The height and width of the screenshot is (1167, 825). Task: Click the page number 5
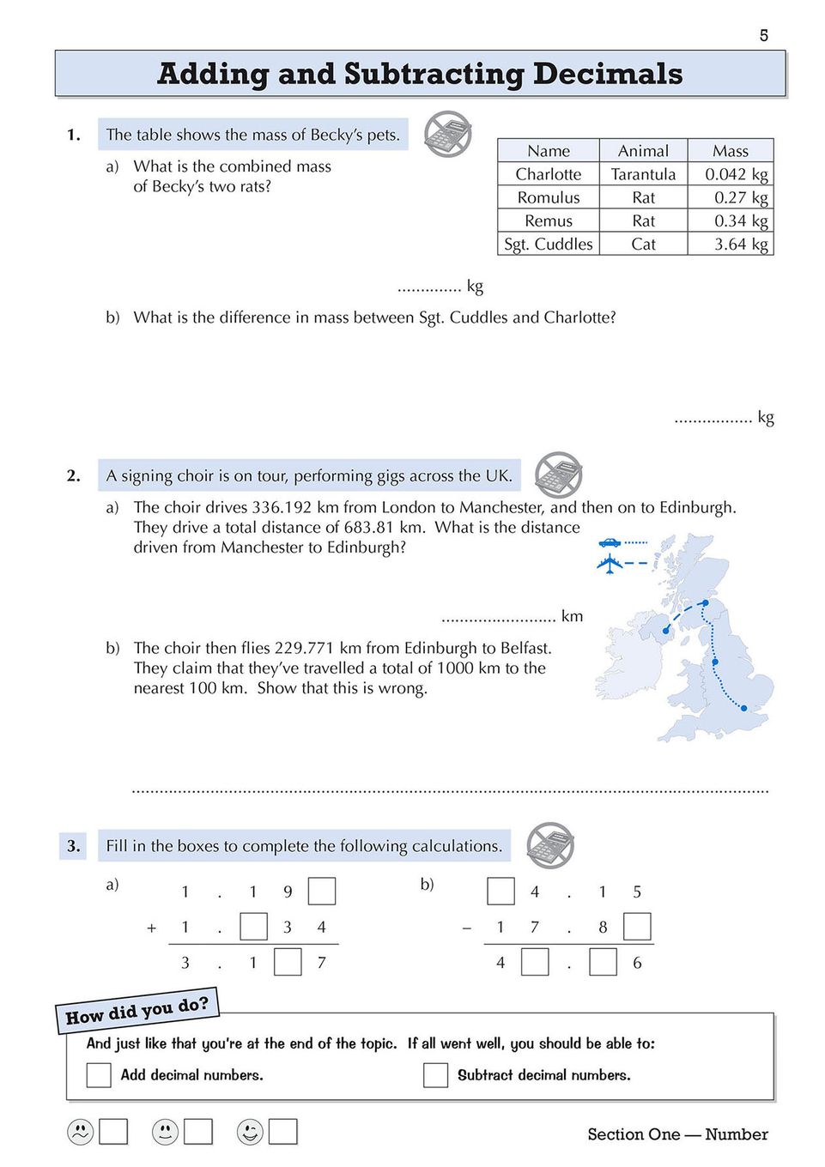(763, 35)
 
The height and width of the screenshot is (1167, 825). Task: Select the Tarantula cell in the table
(643, 174)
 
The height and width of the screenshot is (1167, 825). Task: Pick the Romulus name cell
(549, 197)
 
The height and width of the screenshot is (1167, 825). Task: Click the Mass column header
(730, 151)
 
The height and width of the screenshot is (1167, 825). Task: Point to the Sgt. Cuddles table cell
(549, 245)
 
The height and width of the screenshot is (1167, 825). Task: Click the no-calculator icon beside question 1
(448, 134)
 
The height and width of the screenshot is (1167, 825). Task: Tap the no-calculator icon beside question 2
(558, 475)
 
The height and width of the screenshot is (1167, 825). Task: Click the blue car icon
(610, 542)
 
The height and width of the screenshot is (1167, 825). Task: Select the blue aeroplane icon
(610, 564)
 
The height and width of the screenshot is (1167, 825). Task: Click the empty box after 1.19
(321, 892)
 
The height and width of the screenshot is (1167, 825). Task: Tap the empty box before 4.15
(500, 892)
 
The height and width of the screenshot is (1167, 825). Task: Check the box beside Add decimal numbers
(99, 1075)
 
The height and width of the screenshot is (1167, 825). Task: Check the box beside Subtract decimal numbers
(435, 1075)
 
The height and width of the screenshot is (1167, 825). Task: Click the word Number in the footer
(736, 1134)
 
